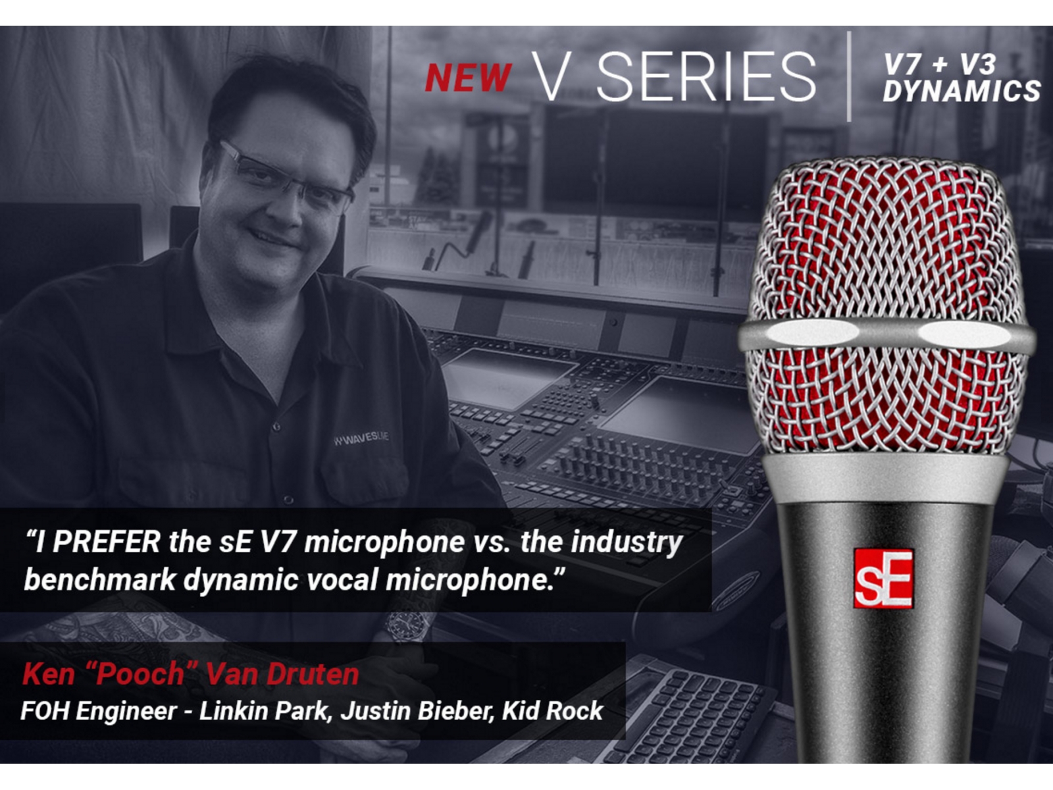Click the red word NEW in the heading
(x=468, y=78)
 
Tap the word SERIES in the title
(x=706, y=77)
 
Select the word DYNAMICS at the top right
(x=962, y=91)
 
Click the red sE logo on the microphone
(x=883, y=579)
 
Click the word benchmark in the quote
(x=100, y=579)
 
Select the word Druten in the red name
(x=313, y=674)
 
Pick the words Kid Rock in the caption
(x=552, y=710)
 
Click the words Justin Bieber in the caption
(x=417, y=710)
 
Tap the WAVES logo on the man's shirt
(x=361, y=438)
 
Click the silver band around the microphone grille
(x=886, y=335)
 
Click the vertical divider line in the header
(x=849, y=77)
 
